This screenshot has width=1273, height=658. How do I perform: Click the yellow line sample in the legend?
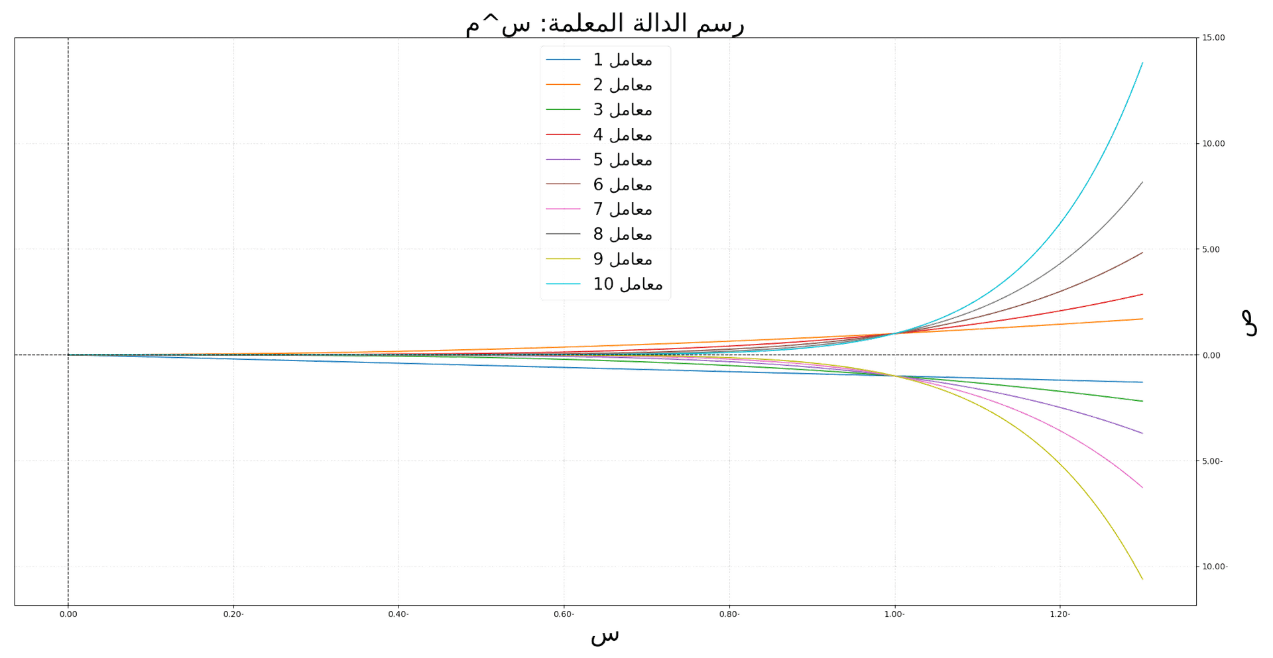(x=563, y=260)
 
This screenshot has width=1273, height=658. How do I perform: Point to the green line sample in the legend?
(x=563, y=110)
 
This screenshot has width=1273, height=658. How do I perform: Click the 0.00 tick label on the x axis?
(x=68, y=614)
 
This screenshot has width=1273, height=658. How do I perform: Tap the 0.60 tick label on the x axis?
(x=564, y=614)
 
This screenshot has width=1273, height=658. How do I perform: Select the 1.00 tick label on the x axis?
(x=895, y=614)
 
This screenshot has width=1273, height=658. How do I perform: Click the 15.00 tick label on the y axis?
(x=1215, y=38)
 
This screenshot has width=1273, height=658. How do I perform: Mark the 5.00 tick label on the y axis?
(x=1213, y=250)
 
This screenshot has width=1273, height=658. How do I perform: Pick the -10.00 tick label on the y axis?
(x=1215, y=567)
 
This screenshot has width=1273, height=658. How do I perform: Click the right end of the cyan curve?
(x=1142, y=63)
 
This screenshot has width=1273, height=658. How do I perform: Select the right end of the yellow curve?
(x=1142, y=579)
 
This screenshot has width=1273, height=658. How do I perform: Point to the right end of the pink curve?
(x=1142, y=488)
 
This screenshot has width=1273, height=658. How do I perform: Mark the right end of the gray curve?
(x=1142, y=181)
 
